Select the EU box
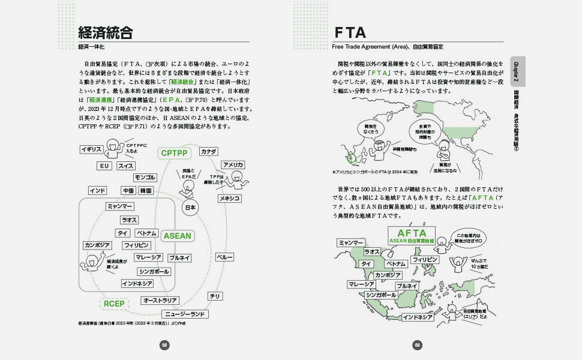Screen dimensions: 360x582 click(104, 166)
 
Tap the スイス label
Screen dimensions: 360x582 click(126, 166)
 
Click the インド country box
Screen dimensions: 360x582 click(97, 191)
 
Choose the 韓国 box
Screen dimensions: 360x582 click(146, 191)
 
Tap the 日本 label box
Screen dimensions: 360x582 click(190, 208)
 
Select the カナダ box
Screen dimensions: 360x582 click(209, 151)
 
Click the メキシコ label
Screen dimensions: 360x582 click(229, 198)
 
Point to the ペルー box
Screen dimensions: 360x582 click(224, 257)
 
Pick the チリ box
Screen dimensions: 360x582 click(214, 296)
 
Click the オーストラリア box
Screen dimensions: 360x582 click(160, 300)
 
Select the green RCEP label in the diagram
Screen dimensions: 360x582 click(114, 304)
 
